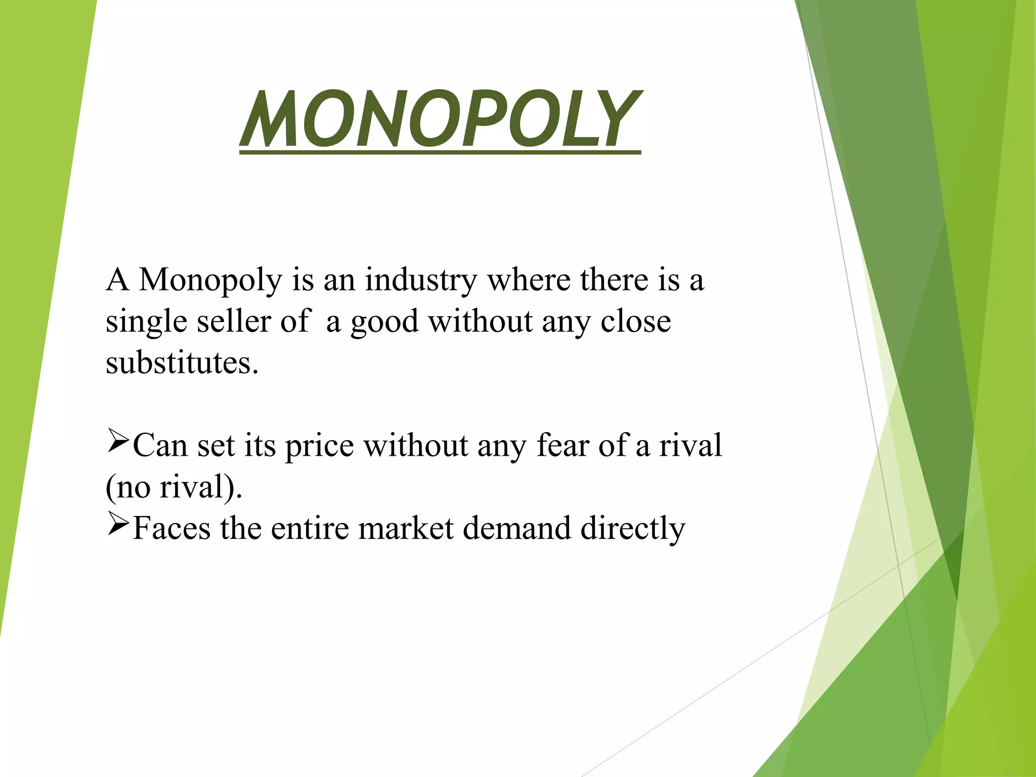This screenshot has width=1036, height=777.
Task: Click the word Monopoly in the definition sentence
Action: pyautogui.click(x=210, y=280)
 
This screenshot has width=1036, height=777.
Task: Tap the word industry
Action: pyautogui.click(x=421, y=280)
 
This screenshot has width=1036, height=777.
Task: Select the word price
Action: pyautogui.click(x=319, y=446)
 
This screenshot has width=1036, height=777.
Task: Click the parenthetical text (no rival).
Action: pyautogui.click(x=174, y=487)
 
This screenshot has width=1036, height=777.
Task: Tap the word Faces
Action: pyautogui.click(x=171, y=528)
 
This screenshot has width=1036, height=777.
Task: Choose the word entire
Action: pyautogui.click(x=310, y=528)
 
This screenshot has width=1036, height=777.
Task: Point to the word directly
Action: pyautogui.click(x=632, y=529)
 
